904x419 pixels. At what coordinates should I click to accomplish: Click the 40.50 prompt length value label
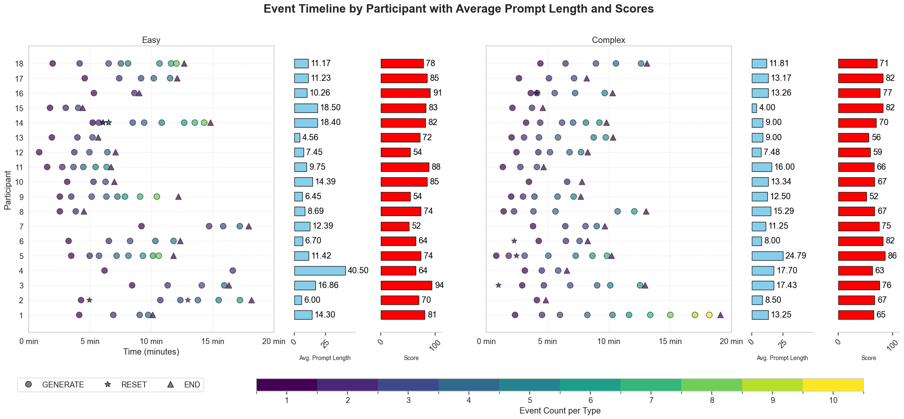click(358, 270)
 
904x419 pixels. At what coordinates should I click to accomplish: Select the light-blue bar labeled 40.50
click(320, 270)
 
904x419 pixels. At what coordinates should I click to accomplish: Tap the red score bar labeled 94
click(406, 285)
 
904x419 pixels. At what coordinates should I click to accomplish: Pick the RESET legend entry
click(126, 384)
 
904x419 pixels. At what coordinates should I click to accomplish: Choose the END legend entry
click(186, 384)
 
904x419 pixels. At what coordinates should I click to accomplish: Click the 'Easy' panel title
click(151, 40)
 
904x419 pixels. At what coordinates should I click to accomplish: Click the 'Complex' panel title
click(608, 40)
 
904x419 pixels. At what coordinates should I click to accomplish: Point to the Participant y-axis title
click(8, 189)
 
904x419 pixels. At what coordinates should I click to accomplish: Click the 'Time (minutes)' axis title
click(151, 352)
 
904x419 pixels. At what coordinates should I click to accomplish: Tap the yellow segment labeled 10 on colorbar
click(833, 384)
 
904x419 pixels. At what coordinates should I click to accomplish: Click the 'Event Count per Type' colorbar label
click(560, 411)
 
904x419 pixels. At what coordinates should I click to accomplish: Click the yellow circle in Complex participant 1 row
click(709, 315)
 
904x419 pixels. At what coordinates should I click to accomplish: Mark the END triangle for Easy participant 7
click(248, 226)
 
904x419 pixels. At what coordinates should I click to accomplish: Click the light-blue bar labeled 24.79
click(767, 256)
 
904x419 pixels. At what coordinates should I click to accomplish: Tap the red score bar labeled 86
click(861, 256)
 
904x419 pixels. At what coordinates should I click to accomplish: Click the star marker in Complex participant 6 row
click(514, 241)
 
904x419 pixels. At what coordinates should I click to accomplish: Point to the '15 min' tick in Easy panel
click(213, 342)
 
